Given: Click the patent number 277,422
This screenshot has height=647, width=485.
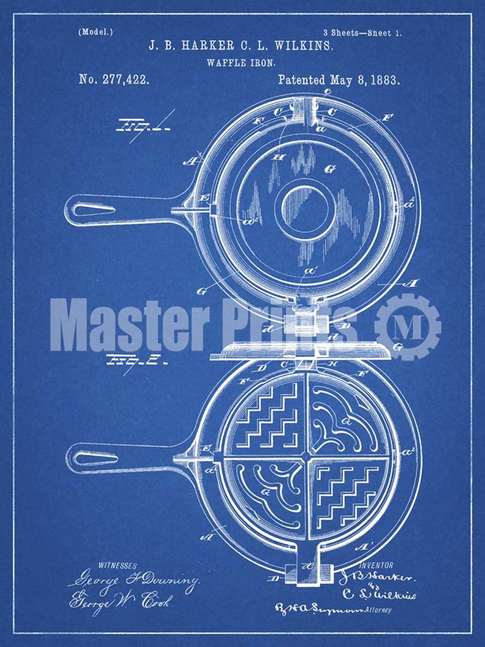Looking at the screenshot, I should (114, 80).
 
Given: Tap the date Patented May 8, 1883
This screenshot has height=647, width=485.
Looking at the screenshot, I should (338, 80).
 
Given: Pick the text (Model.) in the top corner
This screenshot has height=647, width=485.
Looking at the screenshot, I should (95, 32).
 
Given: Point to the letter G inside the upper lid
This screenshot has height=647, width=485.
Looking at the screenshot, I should (329, 169).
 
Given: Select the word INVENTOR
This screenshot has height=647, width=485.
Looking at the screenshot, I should (376, 565).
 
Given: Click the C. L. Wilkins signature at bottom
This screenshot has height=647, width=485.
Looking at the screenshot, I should (378, 595).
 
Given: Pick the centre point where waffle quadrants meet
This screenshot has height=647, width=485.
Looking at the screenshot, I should (306, 456).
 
